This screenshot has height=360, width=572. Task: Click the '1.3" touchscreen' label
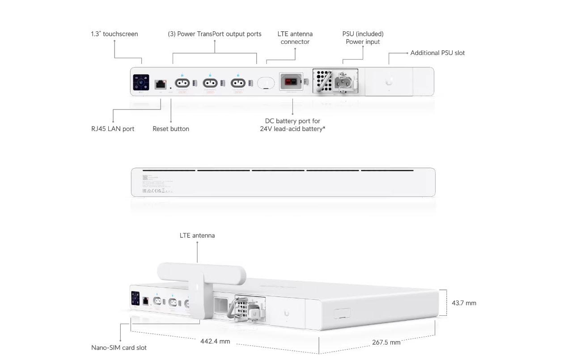pyautogui.click(x=114, y=34)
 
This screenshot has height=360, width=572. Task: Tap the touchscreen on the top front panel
pyautogui.click(x=141, y=82)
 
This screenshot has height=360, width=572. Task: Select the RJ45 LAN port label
pyautogui.click(x=113, y=129)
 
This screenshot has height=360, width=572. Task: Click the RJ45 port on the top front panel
pyautogui.click(x=161, y=84)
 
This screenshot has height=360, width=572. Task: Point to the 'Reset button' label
pyautogui.click(x=171, y=129)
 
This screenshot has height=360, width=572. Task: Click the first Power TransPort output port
pyautogui.click(x=182, y=83)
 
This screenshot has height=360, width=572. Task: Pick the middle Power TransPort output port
pyautogui.click(x=210, y=83)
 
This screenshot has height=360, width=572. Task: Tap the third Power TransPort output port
pyautogui.click(x=238, y=83)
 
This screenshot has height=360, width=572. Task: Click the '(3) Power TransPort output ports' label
pyautogui.click(x=215, y=34)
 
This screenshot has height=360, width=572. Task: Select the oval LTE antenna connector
pyautogui.click(x=266, y=83)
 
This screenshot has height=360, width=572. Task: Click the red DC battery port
pyautogui.click(x=291, y=81)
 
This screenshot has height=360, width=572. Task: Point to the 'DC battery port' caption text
pyautogui.click(x=292, y=125)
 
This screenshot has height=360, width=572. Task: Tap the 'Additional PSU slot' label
pyautogui.click(x=437, y=53)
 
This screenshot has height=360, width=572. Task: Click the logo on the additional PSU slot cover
pyautogui.click(x=389, y=82)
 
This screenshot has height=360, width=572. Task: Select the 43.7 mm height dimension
pyautogui.click(x=464, y=303)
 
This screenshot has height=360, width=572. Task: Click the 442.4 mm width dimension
pyautogui.click(x=215, y=341)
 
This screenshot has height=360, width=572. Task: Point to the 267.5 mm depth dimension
pyautogui.click(x=386, y=343)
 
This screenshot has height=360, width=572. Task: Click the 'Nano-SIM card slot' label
pyautogui.click(x=119, y=348)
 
